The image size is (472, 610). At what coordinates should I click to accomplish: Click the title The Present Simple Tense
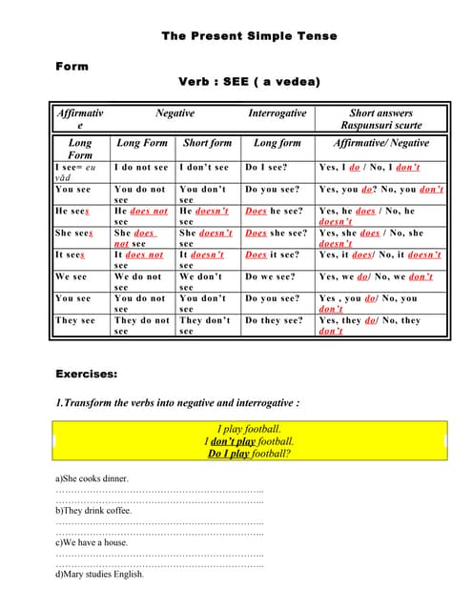point(249,36)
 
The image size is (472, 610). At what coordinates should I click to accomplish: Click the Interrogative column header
point(277,113)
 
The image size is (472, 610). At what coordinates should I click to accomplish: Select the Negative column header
point(174,113)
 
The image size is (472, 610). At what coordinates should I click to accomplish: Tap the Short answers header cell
point(381,118)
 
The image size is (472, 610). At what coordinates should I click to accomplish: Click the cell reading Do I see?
point(266,167)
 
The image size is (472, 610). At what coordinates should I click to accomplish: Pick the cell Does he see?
point(274,211)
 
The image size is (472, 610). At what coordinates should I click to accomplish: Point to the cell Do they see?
point(274,320)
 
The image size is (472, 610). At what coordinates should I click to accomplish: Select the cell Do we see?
point(270,276)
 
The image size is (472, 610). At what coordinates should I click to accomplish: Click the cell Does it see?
point(273,254)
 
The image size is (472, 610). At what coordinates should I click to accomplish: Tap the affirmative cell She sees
point(74,233)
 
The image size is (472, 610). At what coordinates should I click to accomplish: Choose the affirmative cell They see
point(75,320)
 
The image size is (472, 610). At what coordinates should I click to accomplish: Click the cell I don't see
point(204,167)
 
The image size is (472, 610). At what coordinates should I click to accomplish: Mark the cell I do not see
point(140,167)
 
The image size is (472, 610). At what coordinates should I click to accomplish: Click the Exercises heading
point(86,374)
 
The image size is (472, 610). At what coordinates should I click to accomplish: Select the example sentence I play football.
point(249,429)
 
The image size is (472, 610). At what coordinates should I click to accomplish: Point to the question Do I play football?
point(249,454)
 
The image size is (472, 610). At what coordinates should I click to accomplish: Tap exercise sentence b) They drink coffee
point(93,510)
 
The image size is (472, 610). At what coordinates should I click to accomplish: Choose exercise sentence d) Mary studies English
point(100,574)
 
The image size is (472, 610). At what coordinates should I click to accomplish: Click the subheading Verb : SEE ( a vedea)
point(249,82)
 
